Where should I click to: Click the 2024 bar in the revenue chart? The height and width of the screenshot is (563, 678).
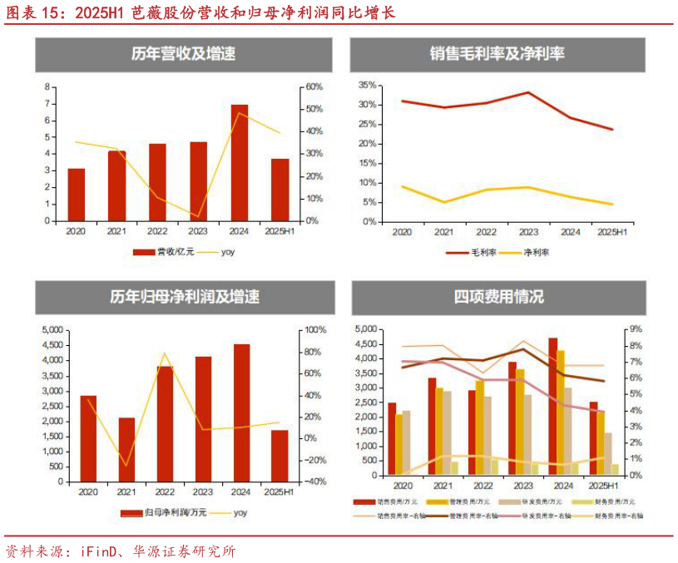click(x=239, y=162)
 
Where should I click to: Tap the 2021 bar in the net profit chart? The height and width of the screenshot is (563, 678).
click(x=126, y=449)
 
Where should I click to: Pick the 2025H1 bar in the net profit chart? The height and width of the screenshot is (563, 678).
click(x=280, y=455)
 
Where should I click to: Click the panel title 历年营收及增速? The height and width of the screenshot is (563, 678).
click(x=183, y=55)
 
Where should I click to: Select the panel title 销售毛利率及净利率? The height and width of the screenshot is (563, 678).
click(x=497, y=55)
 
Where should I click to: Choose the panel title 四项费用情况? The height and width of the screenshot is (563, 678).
click(x=498, y=297)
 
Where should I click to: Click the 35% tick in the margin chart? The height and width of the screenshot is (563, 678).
click(x=367, y=85)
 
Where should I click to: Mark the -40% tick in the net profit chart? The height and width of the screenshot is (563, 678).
click(x=314, y=482)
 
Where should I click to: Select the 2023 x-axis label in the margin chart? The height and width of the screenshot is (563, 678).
click(x=527, y=233)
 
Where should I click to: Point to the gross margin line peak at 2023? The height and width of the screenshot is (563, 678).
click(x=527, y=92)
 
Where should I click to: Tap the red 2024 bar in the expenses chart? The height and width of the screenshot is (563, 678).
click(x=553, y=406)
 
